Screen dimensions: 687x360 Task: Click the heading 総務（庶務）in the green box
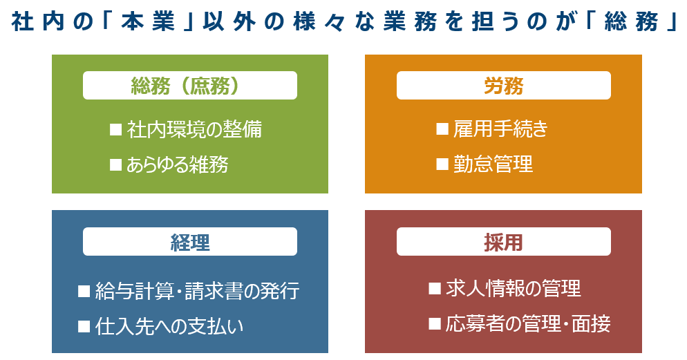pos(185,86)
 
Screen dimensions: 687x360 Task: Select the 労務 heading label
pos(503,86)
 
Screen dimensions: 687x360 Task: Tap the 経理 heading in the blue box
pos(189,243)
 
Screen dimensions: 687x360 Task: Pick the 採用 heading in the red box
pos(503,243)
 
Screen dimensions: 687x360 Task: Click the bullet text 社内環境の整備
pos(194,130)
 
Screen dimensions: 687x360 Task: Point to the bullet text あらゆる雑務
pos(178,164)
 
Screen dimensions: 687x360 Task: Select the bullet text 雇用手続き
pos(500,129)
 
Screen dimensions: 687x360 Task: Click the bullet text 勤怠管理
pos(493,164)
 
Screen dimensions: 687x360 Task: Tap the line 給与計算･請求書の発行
pos(198,291)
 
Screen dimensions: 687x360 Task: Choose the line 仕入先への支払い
pos(169,326)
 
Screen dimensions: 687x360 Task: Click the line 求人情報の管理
pos(514,289)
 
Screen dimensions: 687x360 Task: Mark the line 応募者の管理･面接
pos(528,324)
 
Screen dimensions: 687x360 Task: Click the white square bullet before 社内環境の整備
pos(115,129)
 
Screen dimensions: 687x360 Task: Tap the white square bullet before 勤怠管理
pos(442,164)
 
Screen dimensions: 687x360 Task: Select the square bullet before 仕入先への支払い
pos(84,326)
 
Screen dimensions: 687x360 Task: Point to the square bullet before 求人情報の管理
pos(435,288)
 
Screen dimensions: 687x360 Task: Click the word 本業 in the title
pos(148,21)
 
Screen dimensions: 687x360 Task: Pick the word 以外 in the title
pos(229,21)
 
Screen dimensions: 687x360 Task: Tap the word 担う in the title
pos(495,21)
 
